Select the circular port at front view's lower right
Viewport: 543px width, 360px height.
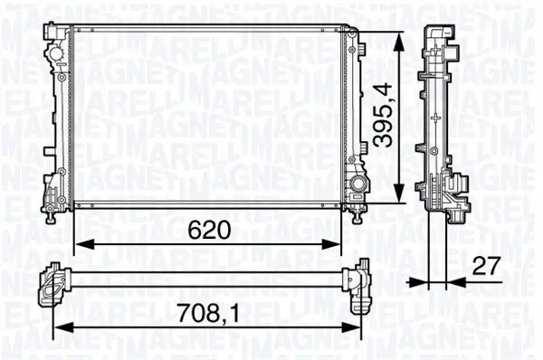point(360,185)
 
